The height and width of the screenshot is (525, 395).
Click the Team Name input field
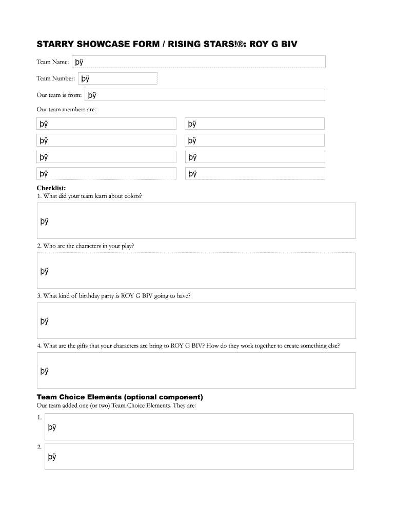[199, 62]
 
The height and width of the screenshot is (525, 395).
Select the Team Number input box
[117, 78]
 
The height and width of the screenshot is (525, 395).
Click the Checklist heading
[51, 188]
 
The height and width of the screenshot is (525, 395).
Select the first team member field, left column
[107, 124]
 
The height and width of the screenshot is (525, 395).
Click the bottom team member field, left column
[107, 173]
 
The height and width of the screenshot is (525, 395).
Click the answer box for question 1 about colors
[196, 220]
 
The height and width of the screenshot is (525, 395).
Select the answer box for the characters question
[196, 270]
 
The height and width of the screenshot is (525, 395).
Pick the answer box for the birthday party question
[196, 320]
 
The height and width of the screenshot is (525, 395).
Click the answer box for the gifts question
[196, 370]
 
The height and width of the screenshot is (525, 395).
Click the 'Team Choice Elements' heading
[120, 397]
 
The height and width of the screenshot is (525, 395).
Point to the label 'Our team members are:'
[66, 109]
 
